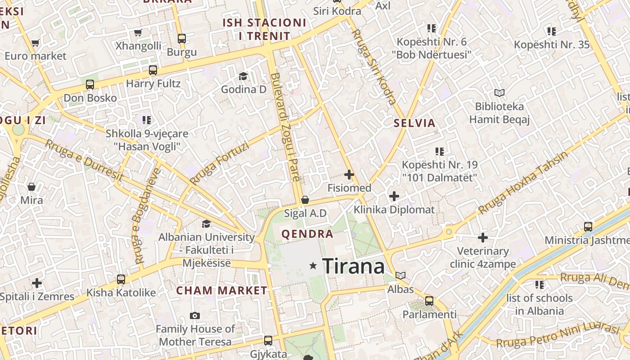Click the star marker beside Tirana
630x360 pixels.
(x=313, y=266)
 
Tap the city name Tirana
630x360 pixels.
(x=354, y=266)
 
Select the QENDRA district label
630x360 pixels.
(x=307, y=234)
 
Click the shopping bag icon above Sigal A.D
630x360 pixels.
(x=305, y=200)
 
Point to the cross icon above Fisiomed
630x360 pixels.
(x=349, y=175)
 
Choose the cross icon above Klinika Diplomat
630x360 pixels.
(x=394, y=196)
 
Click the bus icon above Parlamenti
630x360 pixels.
(x=429, y=301)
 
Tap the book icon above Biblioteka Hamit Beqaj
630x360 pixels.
(x=499, y=93)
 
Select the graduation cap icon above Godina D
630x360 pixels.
(x=243, y=76)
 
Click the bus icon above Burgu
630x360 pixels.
(x=182, y=39)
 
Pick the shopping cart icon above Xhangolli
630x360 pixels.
(x=138, y=32)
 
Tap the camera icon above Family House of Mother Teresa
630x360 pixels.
(x=195, y=316)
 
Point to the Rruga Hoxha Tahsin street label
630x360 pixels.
(x=523, y=183)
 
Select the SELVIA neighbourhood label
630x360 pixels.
(x=414, y=123)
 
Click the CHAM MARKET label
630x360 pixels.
(x=221, y=290)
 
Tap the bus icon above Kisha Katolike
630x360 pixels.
(x=121, y=279)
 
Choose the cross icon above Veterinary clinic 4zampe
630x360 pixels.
(x=483, y=237)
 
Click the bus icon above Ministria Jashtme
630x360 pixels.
(x=588, y=227)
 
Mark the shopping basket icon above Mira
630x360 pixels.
(x=31, y=186)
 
